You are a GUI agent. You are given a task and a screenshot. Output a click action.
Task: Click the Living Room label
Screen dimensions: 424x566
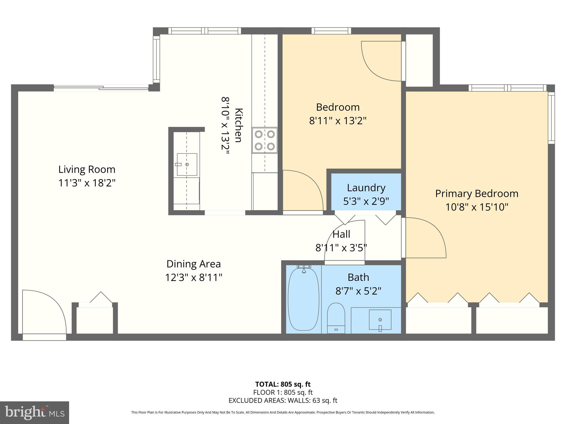[87, 169]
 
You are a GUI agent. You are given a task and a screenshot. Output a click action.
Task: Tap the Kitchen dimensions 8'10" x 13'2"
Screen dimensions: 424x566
[225, 127]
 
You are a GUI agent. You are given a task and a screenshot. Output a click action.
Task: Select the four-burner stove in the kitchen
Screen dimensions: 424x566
[264, 140]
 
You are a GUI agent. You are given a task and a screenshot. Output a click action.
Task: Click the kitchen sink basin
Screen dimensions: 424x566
[187, 165]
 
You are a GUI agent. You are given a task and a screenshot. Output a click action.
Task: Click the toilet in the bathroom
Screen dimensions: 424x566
[336, 317]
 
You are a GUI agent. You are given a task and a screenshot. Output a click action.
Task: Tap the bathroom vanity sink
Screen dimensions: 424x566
[380, 320]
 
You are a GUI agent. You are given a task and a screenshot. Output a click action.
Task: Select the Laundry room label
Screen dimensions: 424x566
[366, 188]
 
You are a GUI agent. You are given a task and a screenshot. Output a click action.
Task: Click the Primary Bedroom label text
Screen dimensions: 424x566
[476, 194]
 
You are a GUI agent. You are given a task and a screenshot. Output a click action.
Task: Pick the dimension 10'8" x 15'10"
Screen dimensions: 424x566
[476, 207]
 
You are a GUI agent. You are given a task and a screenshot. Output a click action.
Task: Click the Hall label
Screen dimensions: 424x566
[341, 234]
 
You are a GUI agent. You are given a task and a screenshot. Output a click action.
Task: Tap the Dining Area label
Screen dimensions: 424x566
[193, 264]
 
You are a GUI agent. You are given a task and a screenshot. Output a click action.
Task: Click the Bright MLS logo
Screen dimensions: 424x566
[34, 412]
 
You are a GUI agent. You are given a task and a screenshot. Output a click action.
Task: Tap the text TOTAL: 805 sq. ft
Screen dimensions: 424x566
[283, 384]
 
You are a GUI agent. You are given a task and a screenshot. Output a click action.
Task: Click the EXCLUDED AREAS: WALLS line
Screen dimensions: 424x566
[283, 401]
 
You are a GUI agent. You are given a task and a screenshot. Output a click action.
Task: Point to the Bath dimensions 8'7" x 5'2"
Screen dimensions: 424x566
[358, 291]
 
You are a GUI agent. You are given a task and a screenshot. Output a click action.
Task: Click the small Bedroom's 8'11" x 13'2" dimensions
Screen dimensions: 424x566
[338, 121]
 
